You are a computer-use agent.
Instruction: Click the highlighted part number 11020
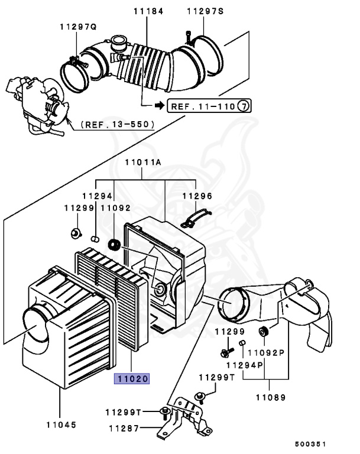132,378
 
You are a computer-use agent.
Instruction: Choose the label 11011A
142,161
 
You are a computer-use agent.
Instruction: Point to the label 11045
60,424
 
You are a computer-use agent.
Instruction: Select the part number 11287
122,427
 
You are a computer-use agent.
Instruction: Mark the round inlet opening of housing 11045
37,325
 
